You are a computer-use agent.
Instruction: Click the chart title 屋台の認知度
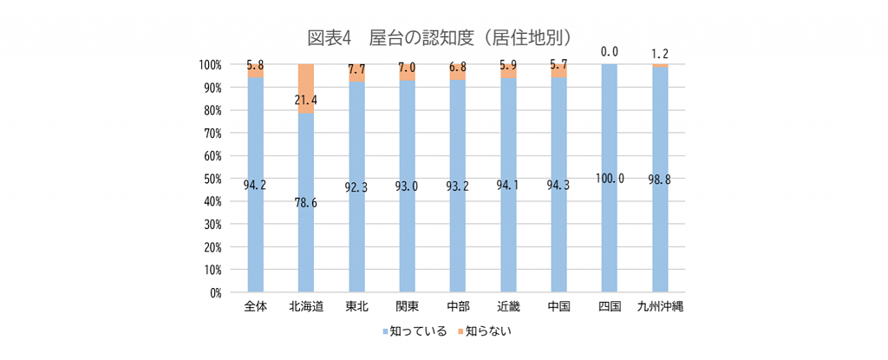[443, 37]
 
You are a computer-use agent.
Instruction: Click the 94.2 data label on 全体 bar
[255, 184]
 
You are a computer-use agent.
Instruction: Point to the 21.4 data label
[306, 100]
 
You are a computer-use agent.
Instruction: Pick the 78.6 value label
[306, 201]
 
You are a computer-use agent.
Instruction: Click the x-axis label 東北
[356, 307]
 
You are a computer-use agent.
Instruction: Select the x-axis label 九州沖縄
[661, 307]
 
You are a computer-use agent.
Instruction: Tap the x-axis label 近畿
[508, 307]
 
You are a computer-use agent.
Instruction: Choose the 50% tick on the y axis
[212, 179]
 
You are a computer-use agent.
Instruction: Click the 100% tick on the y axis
[209, 65]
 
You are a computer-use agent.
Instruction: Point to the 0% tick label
[214, 293]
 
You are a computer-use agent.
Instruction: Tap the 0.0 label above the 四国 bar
[610, 52]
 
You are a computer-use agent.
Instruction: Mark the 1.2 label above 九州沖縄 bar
[661, 53]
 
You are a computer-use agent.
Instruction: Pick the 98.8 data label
[661, 180]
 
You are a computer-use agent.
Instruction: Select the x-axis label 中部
[458, 307]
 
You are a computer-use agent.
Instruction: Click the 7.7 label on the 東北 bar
[356, 68]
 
